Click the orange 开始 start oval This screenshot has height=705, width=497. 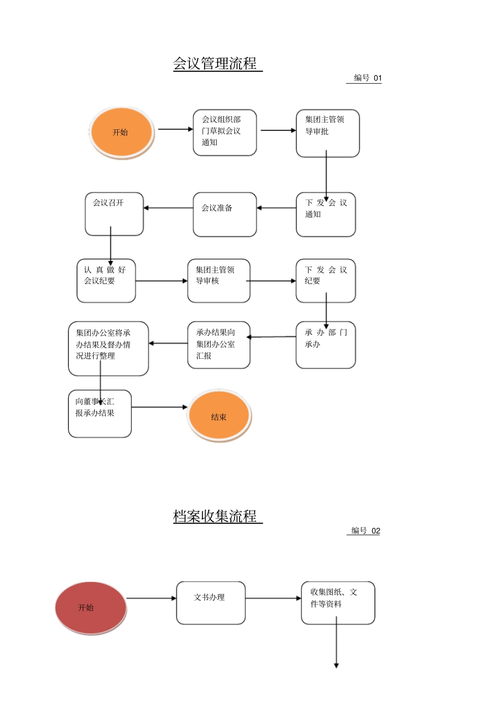[x=121, y=133]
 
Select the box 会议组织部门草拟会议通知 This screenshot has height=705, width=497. [x=224, y=133]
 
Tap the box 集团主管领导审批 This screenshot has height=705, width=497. [x=327, y=133]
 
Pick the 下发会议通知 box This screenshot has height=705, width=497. [x=325, y=215]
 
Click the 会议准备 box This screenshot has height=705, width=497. [x=224, y=215]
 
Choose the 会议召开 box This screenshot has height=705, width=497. [x=114, y=214]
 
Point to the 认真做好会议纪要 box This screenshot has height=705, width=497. [x=106, y=281]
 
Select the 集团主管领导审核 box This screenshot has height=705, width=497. [x=219, y=281]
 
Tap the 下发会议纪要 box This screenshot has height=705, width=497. [x=325, y=281]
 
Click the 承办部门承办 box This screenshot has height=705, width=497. [x=325, y=345]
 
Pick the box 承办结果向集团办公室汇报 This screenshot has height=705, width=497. [x=219, y=345]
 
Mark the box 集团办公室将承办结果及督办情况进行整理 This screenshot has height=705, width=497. [x=108, y=348]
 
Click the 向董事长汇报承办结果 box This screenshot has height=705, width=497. [x=99, y=413]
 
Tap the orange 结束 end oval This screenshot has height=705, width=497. [x=219, y=416]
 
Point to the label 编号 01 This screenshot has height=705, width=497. [x=367, y=78]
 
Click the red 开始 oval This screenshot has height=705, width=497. [x=91, y=608]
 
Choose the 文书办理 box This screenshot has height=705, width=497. [x=210, y=602]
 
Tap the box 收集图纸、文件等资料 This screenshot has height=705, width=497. [x=337, y=602]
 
